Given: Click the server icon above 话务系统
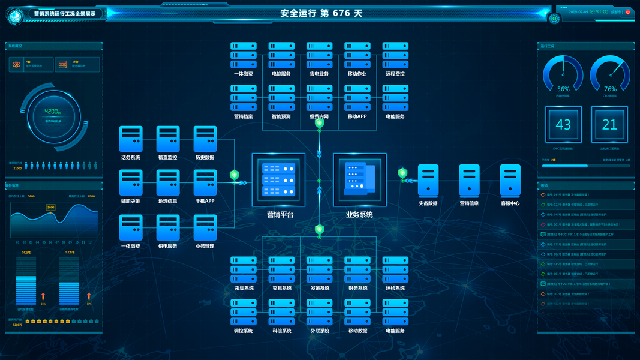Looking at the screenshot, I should click(x=131, y=139).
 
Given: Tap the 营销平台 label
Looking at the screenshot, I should click(x=280, y=214).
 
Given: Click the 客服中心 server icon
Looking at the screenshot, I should click(x=510, y=180).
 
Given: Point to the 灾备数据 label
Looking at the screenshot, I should click(x=428, y=203).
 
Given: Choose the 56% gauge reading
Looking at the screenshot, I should click(x=563, y=89).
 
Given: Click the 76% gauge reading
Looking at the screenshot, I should click(x=610, y=89).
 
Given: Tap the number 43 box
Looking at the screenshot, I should click(x=563, y=125).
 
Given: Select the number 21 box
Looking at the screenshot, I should click(x=609, y=125).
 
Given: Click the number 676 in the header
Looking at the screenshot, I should click(x=341, y=13).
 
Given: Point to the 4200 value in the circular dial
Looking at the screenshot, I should click(x=53, y=112).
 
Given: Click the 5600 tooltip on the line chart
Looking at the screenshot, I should click(x=50, y=207).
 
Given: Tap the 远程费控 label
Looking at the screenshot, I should click(x=395, y=74).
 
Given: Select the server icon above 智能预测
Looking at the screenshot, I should click(x=281, y=98).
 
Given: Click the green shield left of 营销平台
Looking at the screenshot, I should click(x=235, y=175).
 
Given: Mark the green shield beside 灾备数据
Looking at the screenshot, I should click(x=402, y=173).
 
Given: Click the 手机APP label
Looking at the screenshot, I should click(x=205, y=202).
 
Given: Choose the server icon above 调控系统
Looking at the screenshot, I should click(x=244, y=312).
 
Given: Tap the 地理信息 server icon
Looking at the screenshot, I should click(x=168, y=182).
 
